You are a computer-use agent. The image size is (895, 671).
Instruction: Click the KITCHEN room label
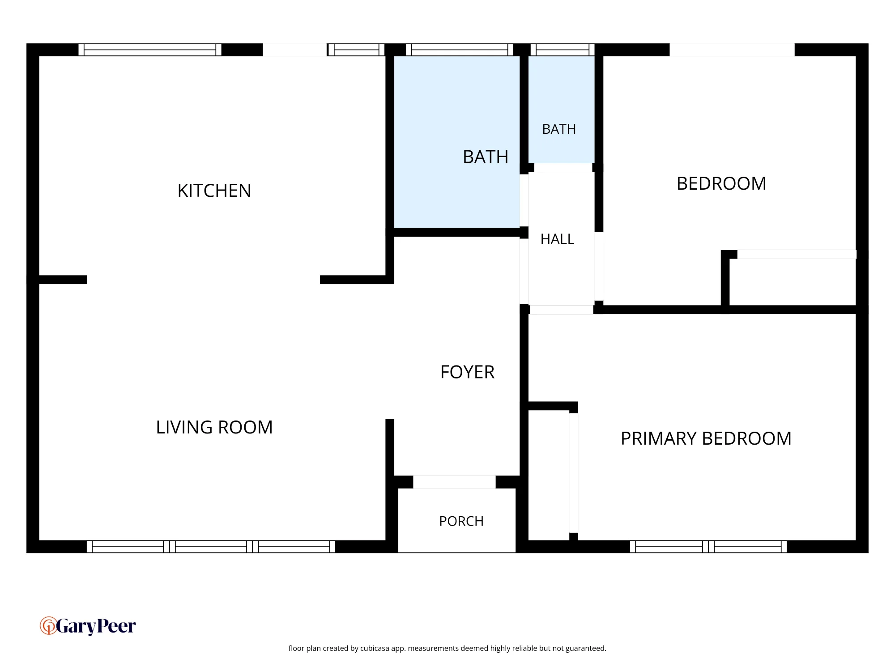click(x=214, y=191)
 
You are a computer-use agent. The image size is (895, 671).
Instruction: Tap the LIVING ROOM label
click(x=214, y=427)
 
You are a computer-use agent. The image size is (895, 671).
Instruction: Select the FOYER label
click(x=467, y=372)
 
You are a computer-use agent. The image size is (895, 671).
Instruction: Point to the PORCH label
click(x=461, y=521)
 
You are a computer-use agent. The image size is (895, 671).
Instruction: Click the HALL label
click(x=557, y=239)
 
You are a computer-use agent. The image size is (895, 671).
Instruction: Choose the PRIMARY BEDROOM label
click(x=706, y=438)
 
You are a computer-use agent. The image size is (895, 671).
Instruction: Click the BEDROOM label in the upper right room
click(x=721, y=183)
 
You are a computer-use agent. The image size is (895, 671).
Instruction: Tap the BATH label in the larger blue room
click(x=486, y=157)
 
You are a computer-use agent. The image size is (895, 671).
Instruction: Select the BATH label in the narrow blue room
click(x=559, y=129)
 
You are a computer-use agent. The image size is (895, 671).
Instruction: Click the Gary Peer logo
click(x=88, y=626)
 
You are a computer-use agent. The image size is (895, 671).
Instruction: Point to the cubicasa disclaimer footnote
click(x=447, y=648)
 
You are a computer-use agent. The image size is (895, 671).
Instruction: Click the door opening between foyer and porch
click(x=454, y=482)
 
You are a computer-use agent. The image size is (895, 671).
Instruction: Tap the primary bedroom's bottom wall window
click(x=708, y=547)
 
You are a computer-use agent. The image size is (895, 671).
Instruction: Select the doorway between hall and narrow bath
click(x=563, y=168)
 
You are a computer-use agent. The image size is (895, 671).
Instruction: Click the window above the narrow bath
click(x=563, y=50)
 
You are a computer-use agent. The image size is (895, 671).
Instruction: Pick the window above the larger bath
click(x=460, y=50)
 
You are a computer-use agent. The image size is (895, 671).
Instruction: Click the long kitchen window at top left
click(x=150, y=50)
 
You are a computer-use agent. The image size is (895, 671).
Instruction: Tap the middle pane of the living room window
click(x=211, y=547)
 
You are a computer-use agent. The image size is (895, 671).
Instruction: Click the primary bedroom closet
click(x=549, y=475)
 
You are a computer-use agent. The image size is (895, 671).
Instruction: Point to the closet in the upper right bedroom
click(x=793, y=282)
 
